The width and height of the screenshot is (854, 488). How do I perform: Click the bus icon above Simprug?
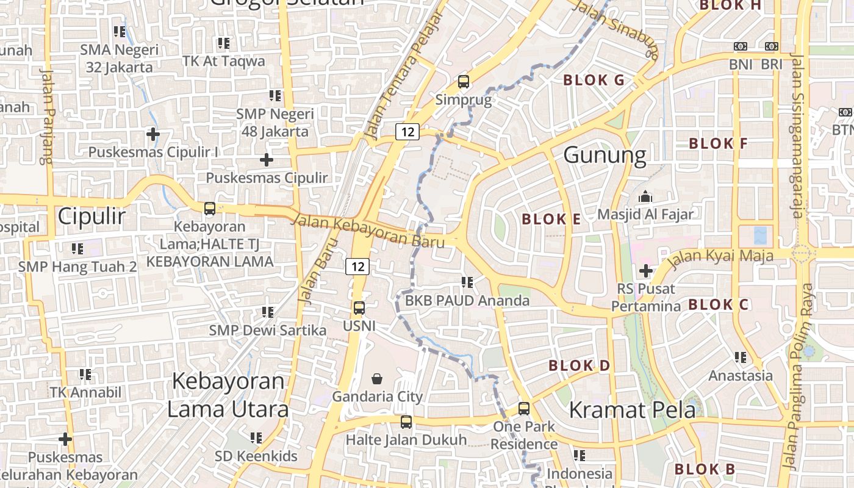coord(464,81)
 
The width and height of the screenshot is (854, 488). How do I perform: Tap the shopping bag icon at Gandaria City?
coord(378,378)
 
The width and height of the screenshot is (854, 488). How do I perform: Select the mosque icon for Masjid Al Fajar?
coord(645,196)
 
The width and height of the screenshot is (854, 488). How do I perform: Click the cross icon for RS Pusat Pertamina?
coord(645,270)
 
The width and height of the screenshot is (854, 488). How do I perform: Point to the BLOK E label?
coord(551,219)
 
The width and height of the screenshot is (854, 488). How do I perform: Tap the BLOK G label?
coord(594,80)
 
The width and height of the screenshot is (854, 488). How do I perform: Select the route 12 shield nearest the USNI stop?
coord(357,266)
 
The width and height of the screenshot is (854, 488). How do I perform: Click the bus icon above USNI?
coord(359,308)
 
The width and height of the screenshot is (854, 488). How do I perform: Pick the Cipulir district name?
coord(92,217)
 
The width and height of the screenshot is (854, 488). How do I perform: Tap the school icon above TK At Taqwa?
coord(224,43)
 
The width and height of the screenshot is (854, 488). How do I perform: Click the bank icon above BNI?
coord(741,46)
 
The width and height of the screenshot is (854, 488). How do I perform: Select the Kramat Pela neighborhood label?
coord(632,410)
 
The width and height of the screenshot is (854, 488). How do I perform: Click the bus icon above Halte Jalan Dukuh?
coord(406,422)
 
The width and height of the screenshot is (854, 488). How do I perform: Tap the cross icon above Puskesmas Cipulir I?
coord(153,134)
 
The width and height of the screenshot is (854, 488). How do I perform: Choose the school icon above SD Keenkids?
coord(256,437)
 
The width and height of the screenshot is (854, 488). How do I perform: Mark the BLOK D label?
coord(579,366)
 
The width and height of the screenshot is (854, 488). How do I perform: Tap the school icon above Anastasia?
coord(741,357)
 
